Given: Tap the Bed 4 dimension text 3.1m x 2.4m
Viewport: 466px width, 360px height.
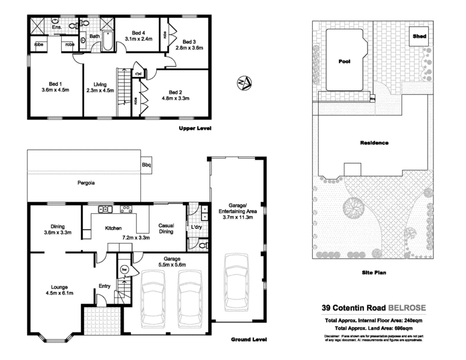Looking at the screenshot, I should [x=138, y=39].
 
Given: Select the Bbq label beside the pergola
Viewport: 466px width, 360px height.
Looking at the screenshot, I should [x=146, y=165].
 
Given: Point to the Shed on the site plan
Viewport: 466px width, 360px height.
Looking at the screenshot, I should [x=419, y=36].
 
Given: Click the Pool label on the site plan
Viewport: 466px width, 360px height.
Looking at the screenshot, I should [x=344, y=60].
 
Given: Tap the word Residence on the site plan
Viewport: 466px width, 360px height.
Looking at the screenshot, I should [x=374, y=143].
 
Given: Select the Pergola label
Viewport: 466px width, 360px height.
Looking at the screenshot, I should [x=86, y=183].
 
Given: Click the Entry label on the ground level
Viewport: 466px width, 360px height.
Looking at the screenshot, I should [x=105, y=285].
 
